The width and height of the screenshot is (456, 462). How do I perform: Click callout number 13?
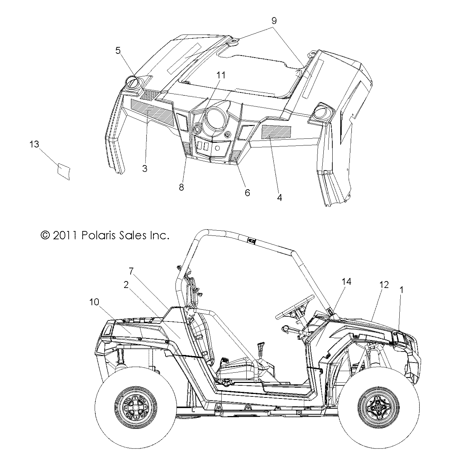(x=35, y=144)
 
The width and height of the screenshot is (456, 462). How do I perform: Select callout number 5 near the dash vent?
(x=118, y=51)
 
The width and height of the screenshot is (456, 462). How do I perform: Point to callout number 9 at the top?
(x=274, y=20)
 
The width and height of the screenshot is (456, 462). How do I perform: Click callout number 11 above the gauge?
(x=221, y=75)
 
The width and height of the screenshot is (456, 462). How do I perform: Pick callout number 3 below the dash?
(x=145, y=169)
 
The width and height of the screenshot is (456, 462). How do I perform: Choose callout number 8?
(x=181, y=187)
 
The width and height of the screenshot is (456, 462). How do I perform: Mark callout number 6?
(x=247, y=193)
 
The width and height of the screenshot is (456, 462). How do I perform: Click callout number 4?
(x=279, y=198)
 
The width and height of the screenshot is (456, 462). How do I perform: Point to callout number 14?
(x=346, y=282)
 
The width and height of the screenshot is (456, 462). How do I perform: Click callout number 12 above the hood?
(x=384, y=285)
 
